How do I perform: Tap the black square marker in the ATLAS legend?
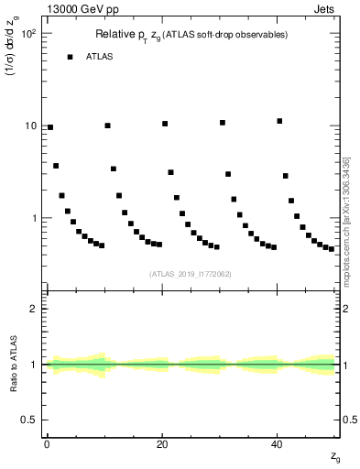[x=70, y=57]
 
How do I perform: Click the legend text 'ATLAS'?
[x=101, y=57]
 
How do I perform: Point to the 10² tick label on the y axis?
[x=29, y=33]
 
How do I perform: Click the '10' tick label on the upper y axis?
[x=32, y=125]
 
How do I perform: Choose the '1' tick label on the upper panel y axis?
[x=35, y=218]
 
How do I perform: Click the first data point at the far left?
[x=50, y=127]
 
